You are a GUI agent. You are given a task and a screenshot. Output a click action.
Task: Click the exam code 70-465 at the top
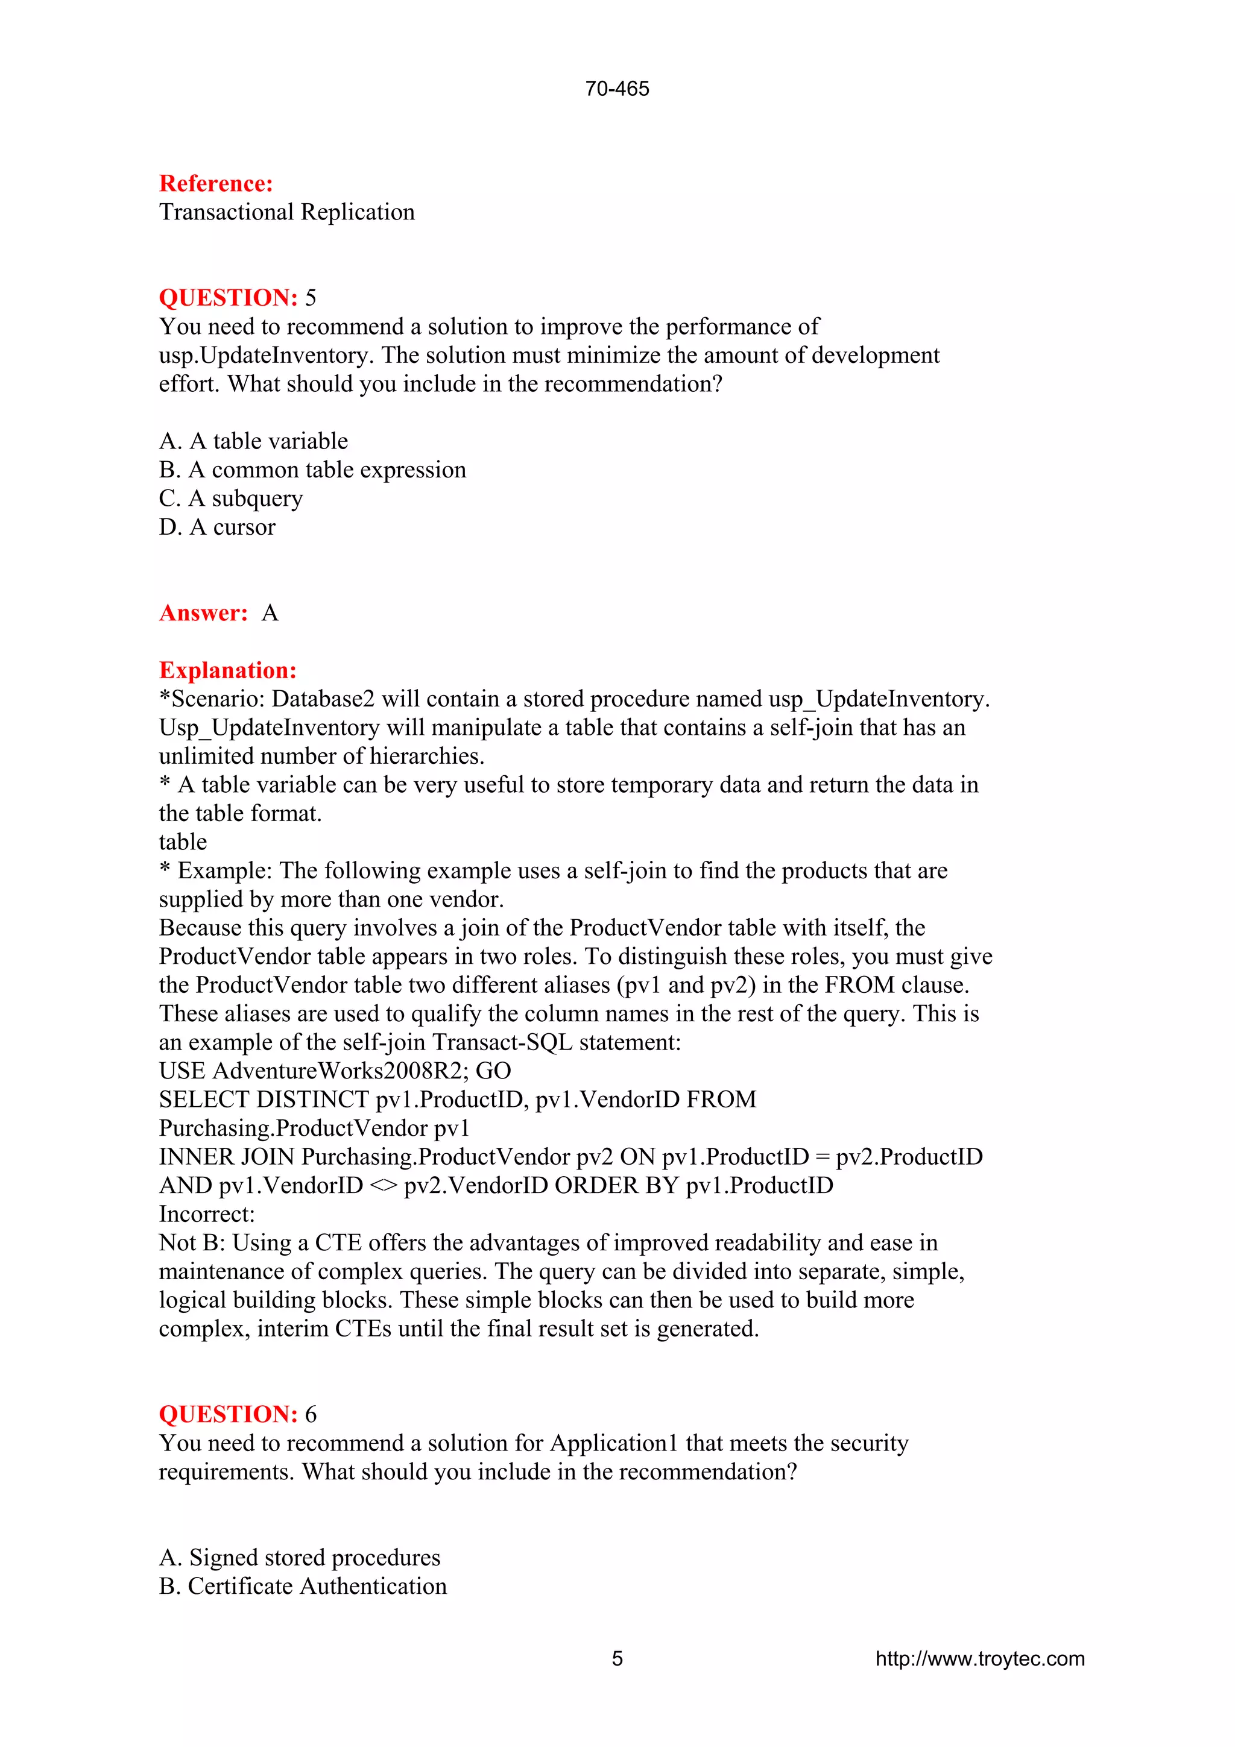pos(616,89)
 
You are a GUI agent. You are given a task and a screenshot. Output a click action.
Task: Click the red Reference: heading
pos(215,183)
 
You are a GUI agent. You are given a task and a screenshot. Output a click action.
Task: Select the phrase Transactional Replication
pos(287,212)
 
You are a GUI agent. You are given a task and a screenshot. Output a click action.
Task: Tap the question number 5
pos(311,298)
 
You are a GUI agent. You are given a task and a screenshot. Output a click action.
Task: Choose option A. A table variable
pos(253,441)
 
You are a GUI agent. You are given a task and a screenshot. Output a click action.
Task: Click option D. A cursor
pos(217,527)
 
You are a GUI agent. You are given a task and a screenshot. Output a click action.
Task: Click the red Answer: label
pos(203,613)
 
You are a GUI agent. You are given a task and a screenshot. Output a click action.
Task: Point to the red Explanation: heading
pos(227,670)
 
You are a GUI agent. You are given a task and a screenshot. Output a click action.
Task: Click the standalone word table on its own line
pos(183,842)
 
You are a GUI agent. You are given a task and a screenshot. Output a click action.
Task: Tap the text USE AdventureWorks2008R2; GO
pos(335,1071)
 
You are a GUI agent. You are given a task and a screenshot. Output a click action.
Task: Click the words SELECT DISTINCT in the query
pos(264,1100)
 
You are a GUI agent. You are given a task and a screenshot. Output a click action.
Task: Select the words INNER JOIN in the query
pos(227,1157)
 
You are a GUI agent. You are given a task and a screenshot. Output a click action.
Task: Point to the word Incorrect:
pos(206,1214)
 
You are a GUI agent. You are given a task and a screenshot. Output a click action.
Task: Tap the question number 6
pos(311,1414)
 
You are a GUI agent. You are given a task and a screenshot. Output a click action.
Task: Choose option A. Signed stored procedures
pos(299,1558)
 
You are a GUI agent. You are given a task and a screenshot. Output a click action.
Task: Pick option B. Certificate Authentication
pos(302,1587)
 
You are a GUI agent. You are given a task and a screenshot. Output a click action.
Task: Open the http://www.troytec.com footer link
pos(979,1659)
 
